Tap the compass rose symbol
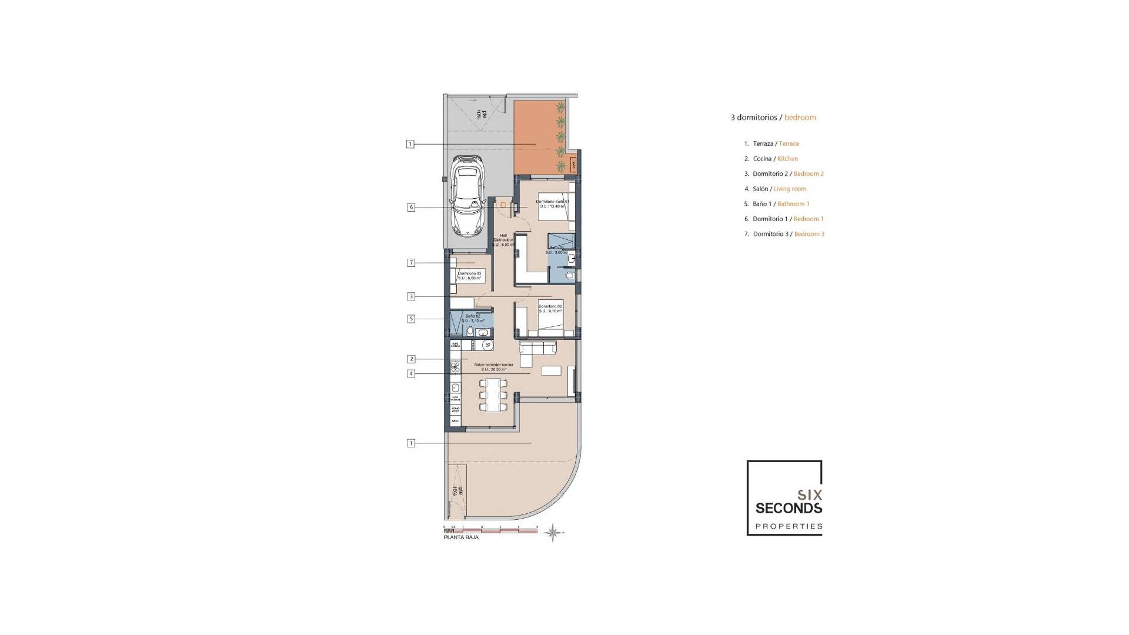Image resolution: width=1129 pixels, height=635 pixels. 553,533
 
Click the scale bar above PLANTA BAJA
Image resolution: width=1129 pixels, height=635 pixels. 490,530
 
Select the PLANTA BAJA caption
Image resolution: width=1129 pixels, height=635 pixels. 461,537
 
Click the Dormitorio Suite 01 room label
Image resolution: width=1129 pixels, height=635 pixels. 553,203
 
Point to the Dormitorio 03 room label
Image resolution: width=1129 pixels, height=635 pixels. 470,275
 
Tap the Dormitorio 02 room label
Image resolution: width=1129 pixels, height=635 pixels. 550,309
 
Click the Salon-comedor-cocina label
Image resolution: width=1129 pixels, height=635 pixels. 493,367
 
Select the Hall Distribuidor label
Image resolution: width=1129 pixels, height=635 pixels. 503,240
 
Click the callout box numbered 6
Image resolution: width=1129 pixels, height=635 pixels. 410,207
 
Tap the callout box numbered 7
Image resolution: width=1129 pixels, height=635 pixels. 410,263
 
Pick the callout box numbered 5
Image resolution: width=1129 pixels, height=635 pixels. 410,319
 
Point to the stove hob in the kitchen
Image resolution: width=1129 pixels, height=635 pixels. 455,367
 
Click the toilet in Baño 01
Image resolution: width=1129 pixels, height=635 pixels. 569,275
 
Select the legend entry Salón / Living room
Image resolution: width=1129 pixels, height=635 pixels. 779,189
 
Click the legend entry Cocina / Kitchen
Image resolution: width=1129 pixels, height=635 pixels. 774,159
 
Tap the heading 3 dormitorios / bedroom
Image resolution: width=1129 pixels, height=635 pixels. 773,118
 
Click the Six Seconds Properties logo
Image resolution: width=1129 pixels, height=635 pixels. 784,498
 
